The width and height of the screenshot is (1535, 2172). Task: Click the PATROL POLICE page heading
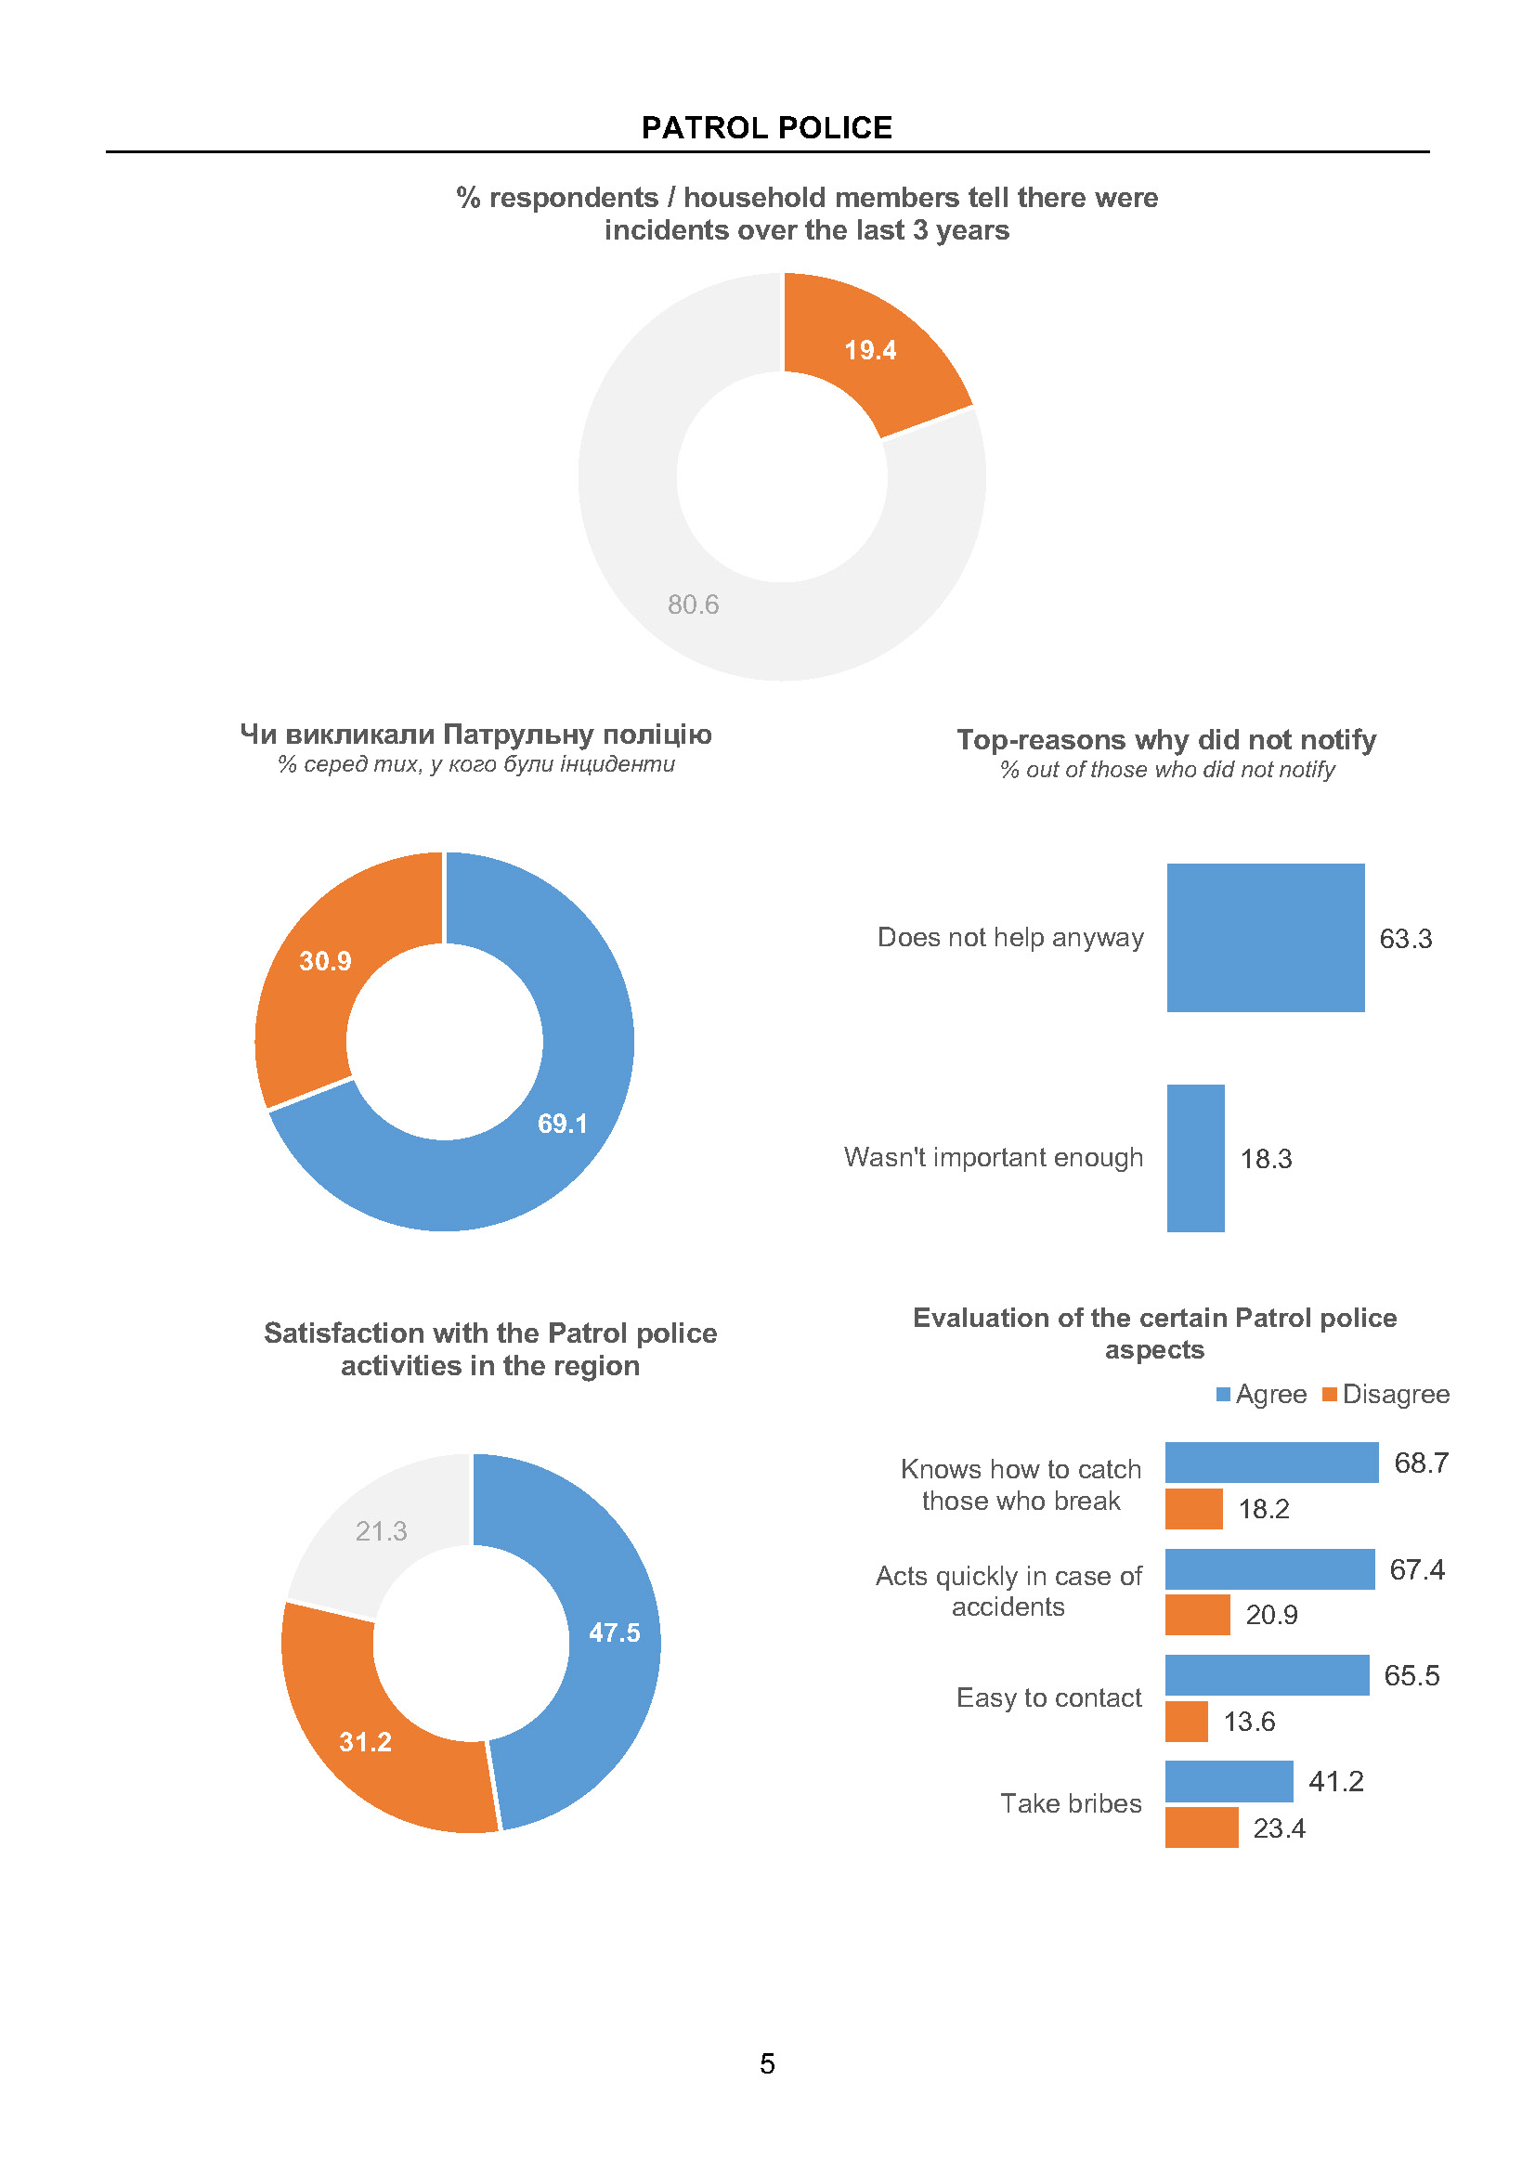[766, 128]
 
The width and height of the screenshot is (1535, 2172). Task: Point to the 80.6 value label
[694, 605]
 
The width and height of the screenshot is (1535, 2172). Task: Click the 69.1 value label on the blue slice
[563, 1124]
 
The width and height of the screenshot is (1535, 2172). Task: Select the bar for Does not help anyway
[1265, 938]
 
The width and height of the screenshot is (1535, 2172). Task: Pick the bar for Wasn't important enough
[1195, 1158]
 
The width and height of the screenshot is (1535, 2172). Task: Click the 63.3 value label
[1404, 940]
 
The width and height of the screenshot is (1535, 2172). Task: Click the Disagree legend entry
[1386, 1395]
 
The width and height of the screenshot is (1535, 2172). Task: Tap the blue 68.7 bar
[1271, 1463]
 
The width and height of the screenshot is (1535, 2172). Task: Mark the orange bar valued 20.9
[1197, 1615]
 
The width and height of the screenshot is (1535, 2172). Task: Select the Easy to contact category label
[1048, 1698]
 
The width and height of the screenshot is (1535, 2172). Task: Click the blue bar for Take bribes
[1229, 1781]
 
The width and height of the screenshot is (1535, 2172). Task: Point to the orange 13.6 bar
[1186, 1722]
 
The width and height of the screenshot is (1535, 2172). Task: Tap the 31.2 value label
[365, 1742]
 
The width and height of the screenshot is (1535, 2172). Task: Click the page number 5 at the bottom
[767, 2063]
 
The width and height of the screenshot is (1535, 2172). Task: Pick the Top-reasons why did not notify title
[1165, 740]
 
